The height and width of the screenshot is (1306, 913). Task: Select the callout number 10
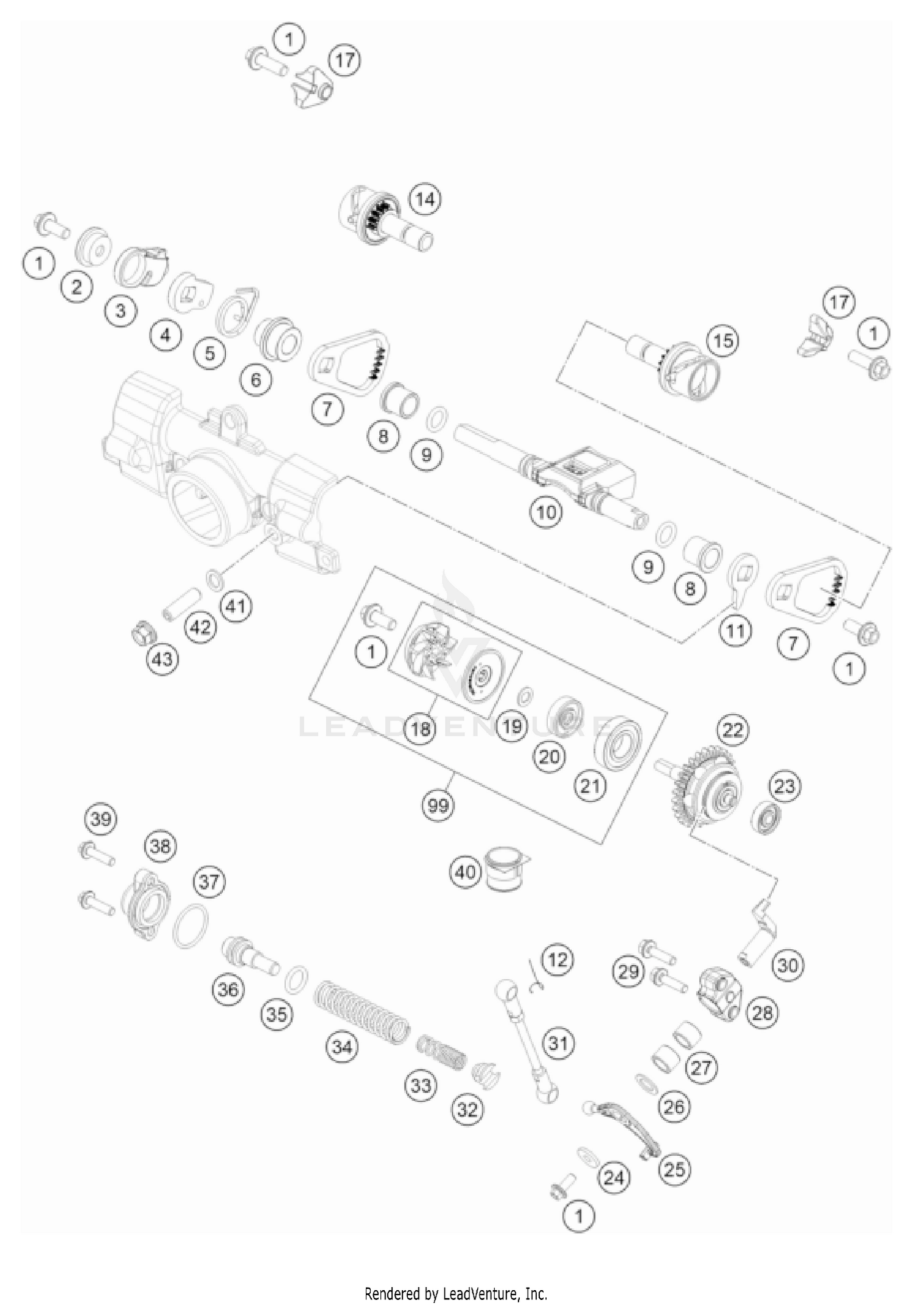pos(546,512)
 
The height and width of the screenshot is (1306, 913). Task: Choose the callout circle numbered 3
pos(121,310)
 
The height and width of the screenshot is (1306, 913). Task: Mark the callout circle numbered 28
pos(762,1012)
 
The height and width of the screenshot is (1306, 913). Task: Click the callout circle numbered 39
pos(101,818)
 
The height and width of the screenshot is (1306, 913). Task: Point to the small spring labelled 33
pos(442,1053)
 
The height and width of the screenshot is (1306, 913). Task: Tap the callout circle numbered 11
pos(735,631)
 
